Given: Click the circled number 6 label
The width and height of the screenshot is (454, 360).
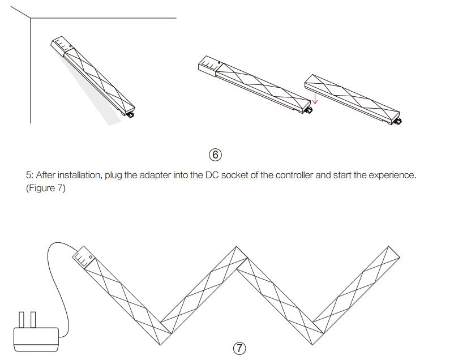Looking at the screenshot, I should pos(216,154).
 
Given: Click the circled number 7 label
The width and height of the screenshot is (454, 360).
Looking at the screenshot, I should pos(240,348).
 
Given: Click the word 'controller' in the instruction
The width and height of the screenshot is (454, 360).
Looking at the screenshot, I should pos(294,175).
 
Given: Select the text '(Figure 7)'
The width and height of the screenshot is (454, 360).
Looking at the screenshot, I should pos(45,188).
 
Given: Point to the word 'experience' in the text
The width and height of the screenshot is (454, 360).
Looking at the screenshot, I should pos(394,175).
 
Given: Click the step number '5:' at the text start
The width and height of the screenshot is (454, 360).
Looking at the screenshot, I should pos(29,175).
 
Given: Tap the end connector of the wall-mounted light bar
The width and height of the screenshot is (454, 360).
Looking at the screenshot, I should pos(130,114).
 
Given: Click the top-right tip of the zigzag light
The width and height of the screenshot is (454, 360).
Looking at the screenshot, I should pos(389,250).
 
